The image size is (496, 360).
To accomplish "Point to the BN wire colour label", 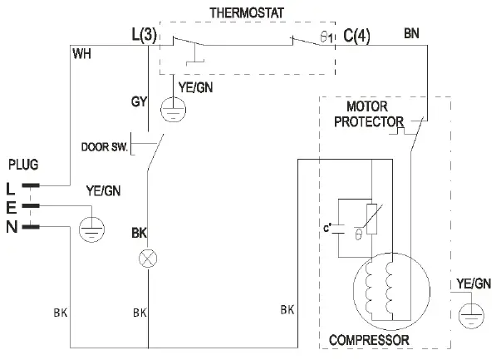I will pyautogui.click(x=411, y=34).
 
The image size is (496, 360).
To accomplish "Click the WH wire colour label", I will pyautogui.click(x=81, y=55).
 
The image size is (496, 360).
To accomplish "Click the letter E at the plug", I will pyautogui.click(x=10, y=205).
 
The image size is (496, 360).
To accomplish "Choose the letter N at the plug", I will pyautogui.click(x=11, y=224).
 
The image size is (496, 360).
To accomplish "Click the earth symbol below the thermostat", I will pyautogui.click(x=174, y=108).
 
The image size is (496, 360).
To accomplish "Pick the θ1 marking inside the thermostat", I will pyautogui.click(x=326, y=37).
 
